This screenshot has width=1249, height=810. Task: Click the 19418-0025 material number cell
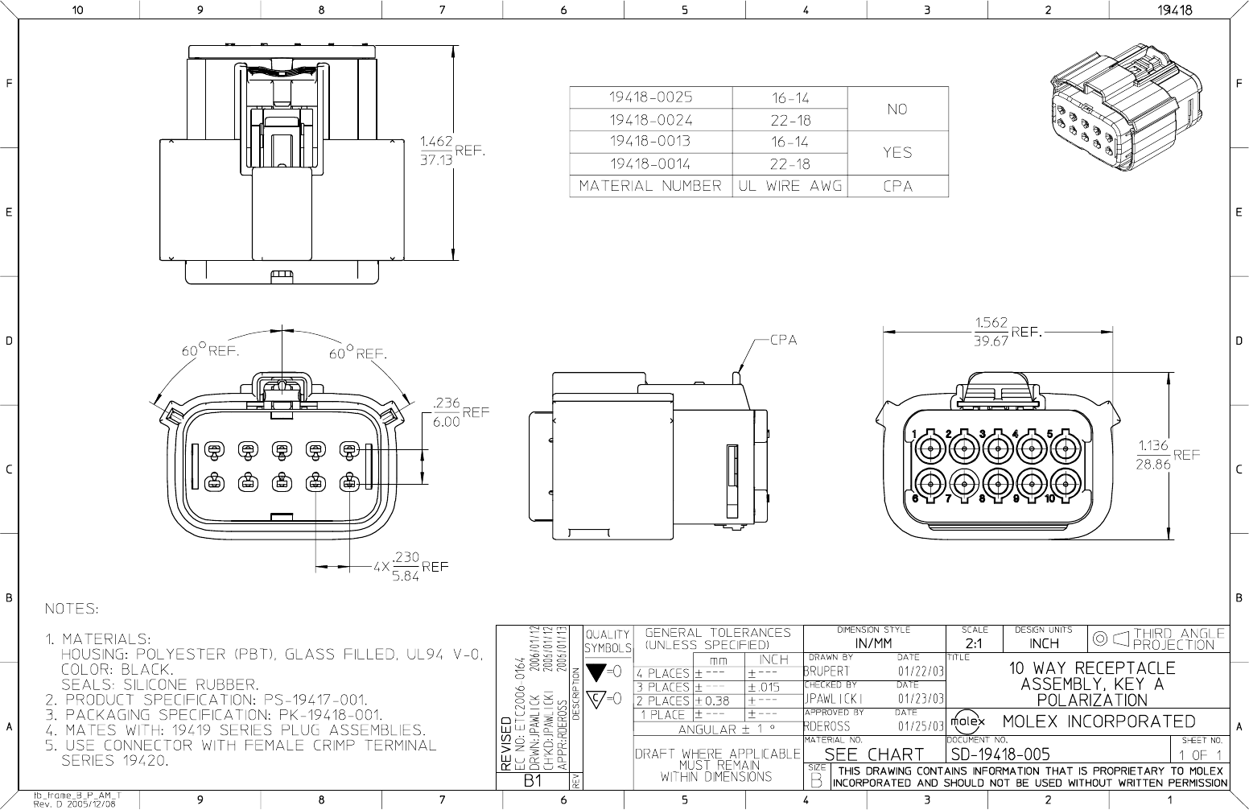(x=650, y=97)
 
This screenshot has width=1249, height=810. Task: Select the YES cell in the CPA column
(x=897, y=153)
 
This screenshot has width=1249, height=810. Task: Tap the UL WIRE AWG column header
(x=789, y=186)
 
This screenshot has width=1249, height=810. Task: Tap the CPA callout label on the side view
(x=783, y=340)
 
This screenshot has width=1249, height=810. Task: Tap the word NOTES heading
(x=72, y=608)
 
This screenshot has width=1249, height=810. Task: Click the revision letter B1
(x=533, y=780)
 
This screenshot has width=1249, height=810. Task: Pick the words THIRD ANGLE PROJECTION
(x=1178, y=639)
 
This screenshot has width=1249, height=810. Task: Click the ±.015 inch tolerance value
(x=764, y=687)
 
